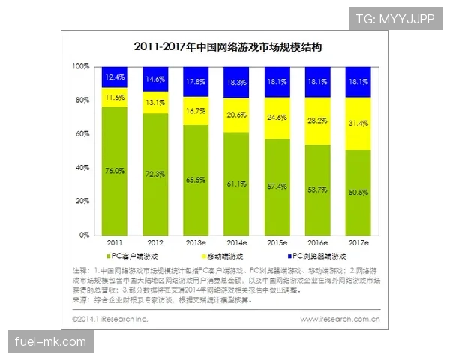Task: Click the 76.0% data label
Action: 115,171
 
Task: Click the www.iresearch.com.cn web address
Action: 340,319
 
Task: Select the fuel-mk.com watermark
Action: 50,343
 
